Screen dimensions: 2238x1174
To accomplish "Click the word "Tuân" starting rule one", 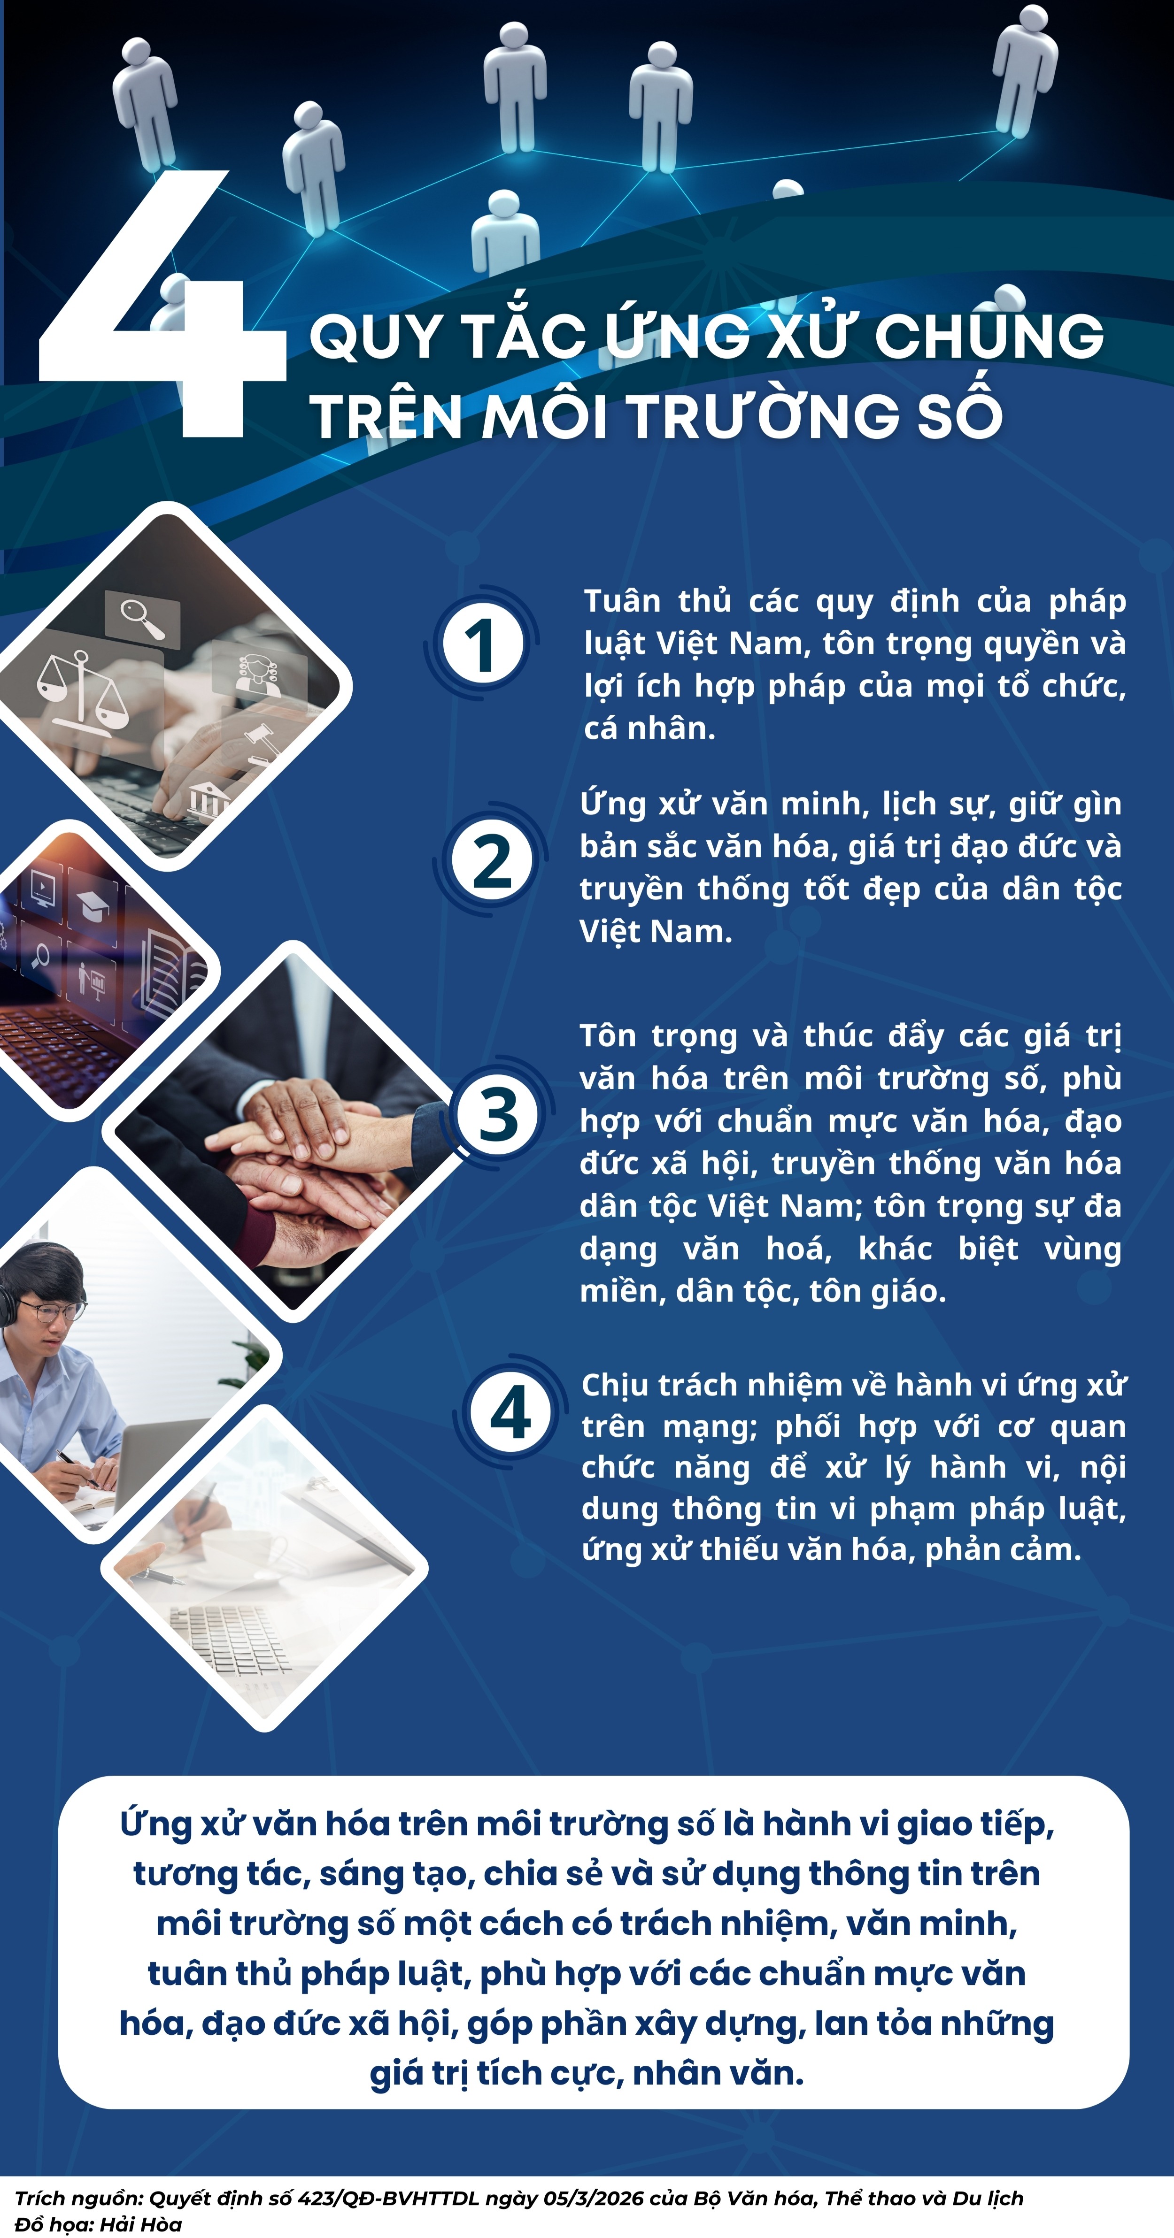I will point(622,601).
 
